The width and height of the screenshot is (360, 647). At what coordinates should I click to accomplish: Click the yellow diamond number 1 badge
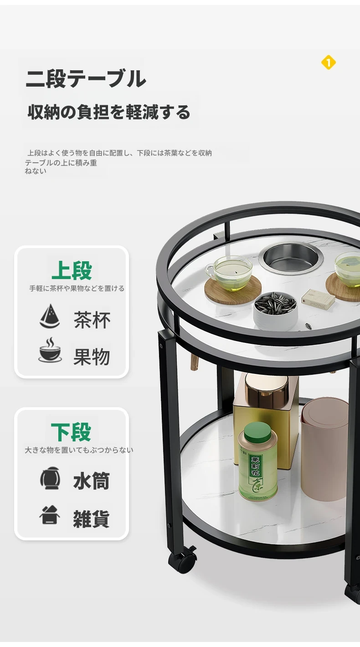click(328, 62)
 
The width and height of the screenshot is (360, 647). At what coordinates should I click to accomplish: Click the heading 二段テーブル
click(86, 78)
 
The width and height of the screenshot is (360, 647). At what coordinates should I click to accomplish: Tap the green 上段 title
click(72, 270)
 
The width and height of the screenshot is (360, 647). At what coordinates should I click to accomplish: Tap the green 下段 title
click(71, 432)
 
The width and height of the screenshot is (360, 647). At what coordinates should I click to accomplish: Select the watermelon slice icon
click(49, 316)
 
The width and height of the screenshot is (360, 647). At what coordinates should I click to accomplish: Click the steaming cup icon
click(50, 350)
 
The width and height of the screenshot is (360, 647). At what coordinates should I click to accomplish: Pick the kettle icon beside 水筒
click(50, 478)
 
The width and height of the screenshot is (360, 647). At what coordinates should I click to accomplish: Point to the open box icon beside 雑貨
click(50, 515)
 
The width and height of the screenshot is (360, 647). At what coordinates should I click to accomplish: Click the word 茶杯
click(92, 320)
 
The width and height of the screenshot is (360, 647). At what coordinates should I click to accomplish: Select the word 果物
click(92, 357)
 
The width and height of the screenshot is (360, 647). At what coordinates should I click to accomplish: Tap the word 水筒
click(92, 481)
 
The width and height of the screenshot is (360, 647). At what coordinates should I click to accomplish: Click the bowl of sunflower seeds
click(275, 311)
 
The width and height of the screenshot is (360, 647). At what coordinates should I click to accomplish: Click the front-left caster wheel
click(182, 560)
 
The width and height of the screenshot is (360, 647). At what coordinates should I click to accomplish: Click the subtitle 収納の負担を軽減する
click(109, 112)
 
